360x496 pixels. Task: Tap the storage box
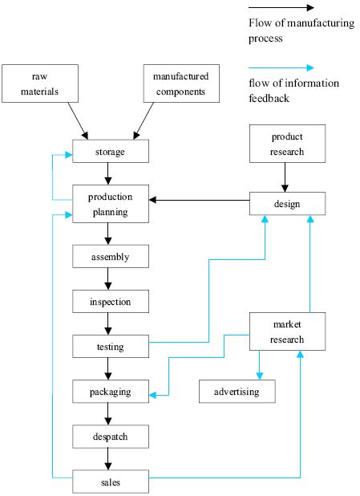coord(110,151)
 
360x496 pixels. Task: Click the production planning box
coord(110,204)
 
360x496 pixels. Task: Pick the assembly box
coord(110,257)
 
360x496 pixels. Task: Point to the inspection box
coord(110,302)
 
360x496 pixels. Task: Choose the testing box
coord(110,347)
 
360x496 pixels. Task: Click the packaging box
coord(110,392)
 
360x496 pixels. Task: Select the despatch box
coord(110,437)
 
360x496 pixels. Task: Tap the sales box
coord(110,482)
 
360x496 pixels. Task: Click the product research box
coord(287,144)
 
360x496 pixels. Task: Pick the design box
coord(287,203)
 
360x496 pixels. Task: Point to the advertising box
coord(237,391)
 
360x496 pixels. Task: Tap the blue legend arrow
coord(281,68)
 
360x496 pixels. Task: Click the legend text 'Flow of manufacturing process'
coord(301,30)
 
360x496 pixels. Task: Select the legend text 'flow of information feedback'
coord(293,90)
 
